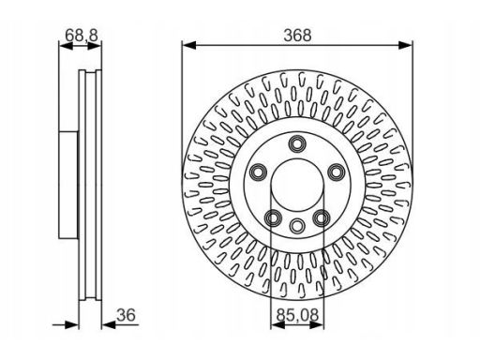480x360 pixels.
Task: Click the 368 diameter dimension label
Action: pyautogui.click(x=297, y=36)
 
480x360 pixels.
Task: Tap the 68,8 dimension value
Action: pyautogui.click(x=82, y=35)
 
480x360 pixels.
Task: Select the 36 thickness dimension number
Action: pyautogui.click(x=126, y=315)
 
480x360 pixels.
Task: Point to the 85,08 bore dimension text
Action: pyautogui.click(x=297, y=315)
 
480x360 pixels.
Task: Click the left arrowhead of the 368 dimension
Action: pyautogui.click(x=189, y=46)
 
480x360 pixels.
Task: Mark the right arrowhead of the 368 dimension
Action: pyautogui.click(x=405, y=46)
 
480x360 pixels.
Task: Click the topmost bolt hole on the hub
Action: pyautogui.click(x=297, y=144)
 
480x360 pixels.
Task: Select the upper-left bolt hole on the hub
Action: pyautogui.click(x=259, y=172)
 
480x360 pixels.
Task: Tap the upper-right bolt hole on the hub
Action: pyautogui.click(x=336, y=172)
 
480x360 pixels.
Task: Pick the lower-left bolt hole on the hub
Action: pyautogui.click(x=273, y=217)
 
